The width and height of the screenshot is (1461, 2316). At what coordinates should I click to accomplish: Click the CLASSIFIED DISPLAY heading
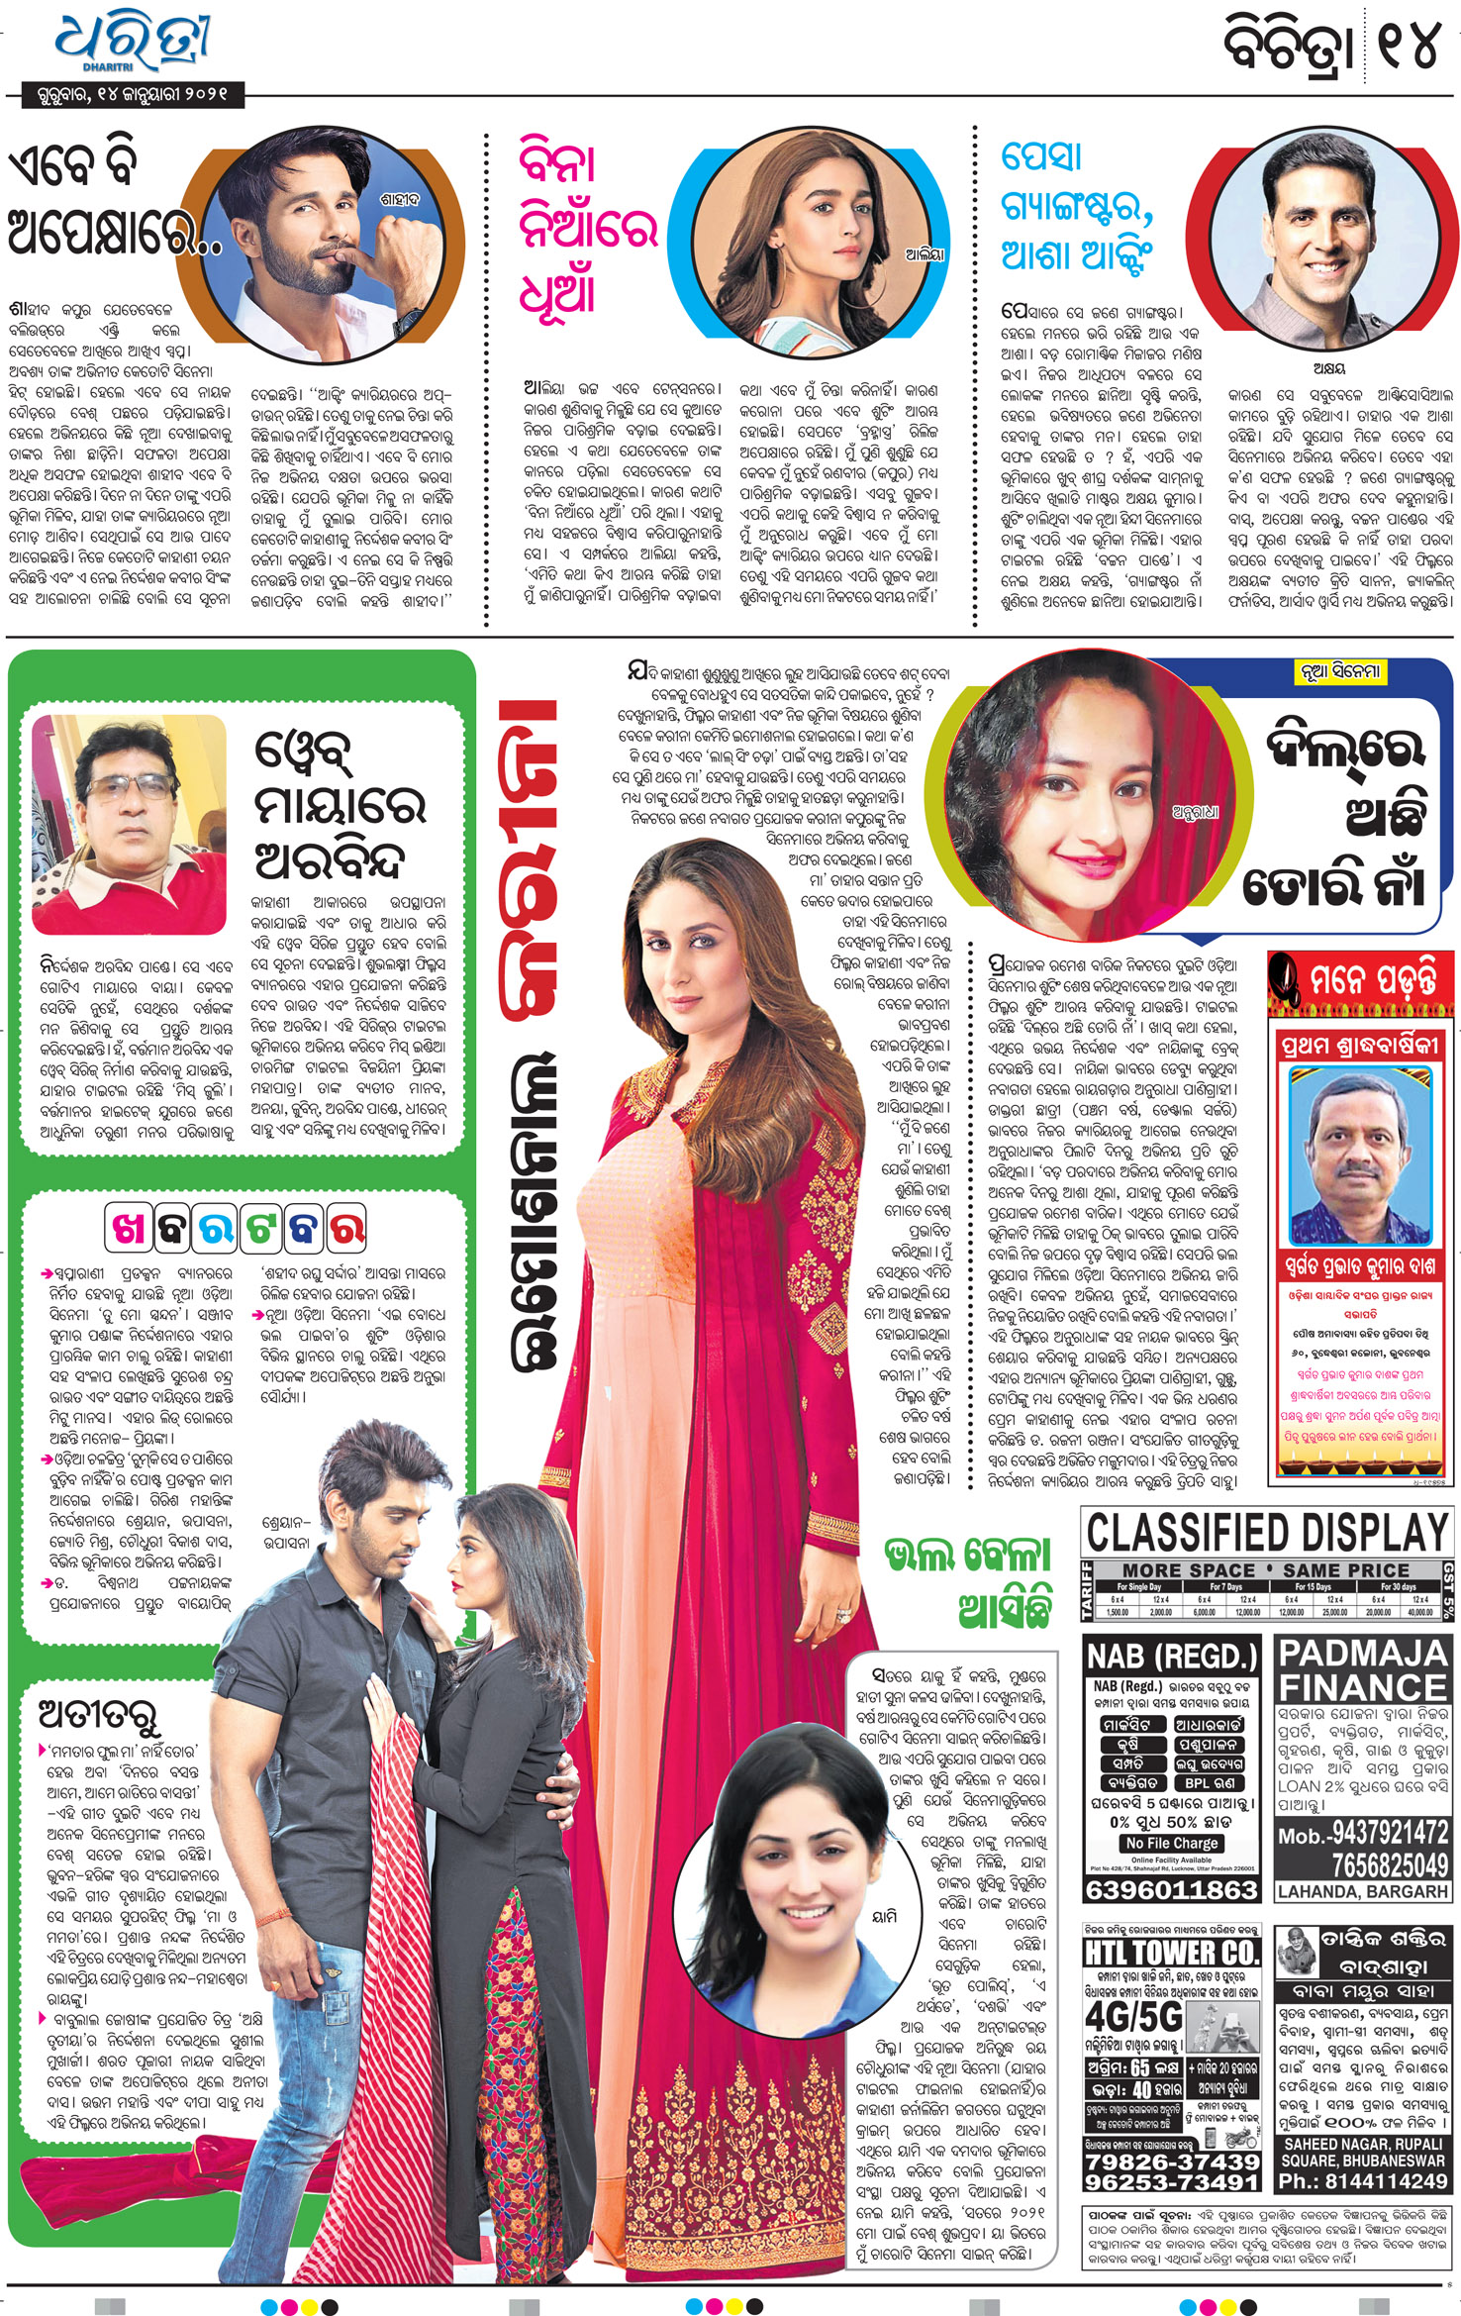1266,1534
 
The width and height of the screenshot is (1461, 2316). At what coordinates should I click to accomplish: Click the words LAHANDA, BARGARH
1362,1891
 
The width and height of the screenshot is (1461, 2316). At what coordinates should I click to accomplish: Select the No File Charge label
1171,1843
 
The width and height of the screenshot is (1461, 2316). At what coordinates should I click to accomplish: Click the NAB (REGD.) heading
1171,1656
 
